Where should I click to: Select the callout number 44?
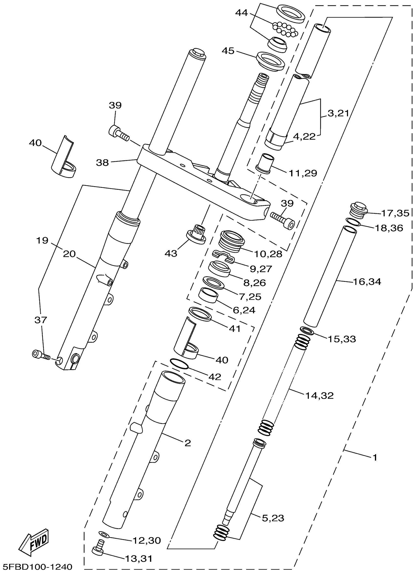(242, 13)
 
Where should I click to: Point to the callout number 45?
(228, 51)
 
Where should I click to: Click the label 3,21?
(338, 113)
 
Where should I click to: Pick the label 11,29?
(303, 173)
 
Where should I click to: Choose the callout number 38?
(102, 162)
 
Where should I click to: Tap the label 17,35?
(395, 213)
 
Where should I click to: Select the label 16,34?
(367, 281)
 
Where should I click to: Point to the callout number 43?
(171, 253)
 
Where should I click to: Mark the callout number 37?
(41, 320)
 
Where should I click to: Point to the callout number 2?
(187, 443)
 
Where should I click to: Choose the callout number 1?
(375, 457)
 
